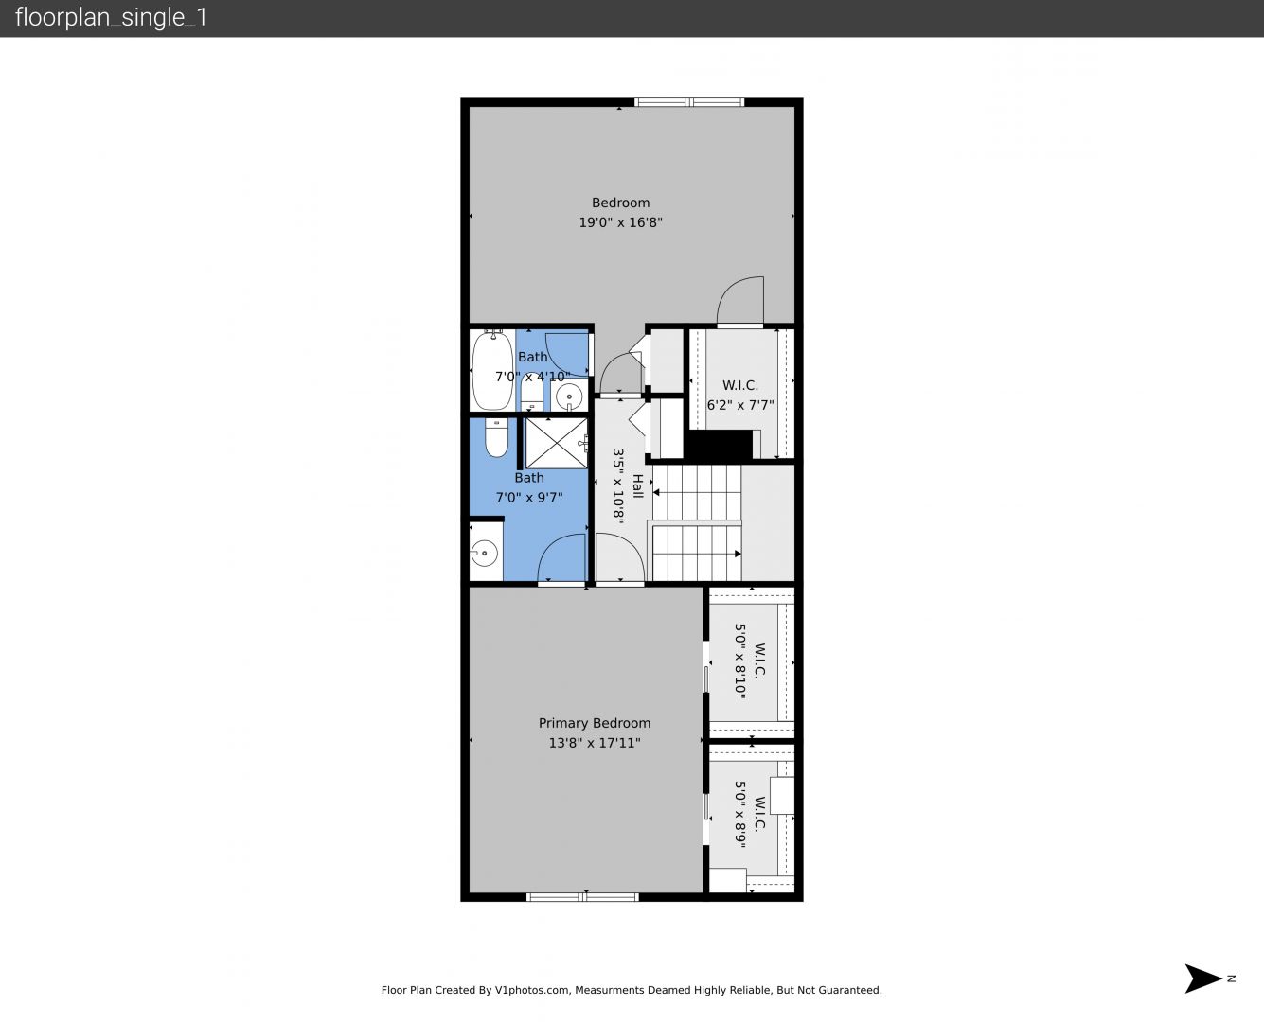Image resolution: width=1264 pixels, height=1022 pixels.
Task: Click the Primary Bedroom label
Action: coord(595,723)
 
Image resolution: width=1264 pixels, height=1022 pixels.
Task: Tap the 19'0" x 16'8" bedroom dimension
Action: coord(621,222)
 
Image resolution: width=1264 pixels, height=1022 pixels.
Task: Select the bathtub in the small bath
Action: coord(492,370)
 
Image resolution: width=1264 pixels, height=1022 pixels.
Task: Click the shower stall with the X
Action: coord(556,443)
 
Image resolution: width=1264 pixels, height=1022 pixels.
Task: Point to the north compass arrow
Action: coord(1203,978)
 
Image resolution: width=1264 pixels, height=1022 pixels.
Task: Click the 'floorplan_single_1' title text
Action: coord(111,18)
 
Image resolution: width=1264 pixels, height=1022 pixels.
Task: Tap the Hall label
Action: coord(638,485)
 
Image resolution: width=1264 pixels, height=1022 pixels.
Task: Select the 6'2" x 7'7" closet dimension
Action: coord(740,405)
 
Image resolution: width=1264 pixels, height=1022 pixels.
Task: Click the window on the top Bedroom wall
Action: coord(689,102)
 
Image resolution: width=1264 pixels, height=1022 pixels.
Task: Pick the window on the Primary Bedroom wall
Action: coord(582,897)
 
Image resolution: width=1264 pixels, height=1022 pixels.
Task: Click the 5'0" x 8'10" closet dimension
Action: coord(740,661)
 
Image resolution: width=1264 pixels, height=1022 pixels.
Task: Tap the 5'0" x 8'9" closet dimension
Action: coord(740,814)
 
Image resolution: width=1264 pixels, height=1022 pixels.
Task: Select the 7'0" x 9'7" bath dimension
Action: coord(529,497)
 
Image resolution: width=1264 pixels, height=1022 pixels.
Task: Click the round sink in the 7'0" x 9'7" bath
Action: coord(485,554)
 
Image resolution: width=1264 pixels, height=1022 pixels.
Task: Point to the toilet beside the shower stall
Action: coord(496,438)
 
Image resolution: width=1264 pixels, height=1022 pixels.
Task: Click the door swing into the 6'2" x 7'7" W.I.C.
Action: coord(740,301)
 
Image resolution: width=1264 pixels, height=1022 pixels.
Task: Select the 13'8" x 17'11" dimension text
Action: coord(595,743)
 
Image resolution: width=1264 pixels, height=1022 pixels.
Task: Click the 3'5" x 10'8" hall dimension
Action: coord(618,486)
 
